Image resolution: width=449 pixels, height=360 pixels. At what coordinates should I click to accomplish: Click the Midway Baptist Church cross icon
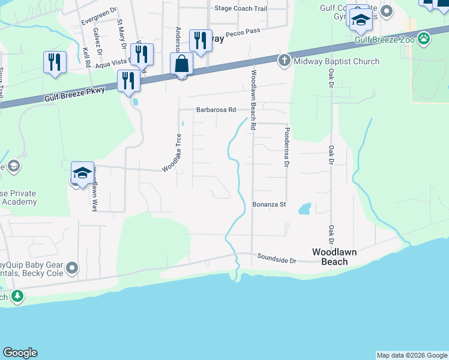pyautogui.click(x=284, y=61)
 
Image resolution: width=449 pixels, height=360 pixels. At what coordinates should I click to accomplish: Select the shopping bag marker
pyautogui.click(x=181, y=64)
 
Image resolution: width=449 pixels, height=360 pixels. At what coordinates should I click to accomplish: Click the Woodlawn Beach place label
pyautogui.click(x=334, y=257)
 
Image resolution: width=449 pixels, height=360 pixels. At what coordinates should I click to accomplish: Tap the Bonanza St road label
pyautogui.click(x=268, y=205)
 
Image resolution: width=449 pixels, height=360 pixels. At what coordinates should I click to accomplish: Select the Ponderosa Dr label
pyautogui.click(x=287, y=147)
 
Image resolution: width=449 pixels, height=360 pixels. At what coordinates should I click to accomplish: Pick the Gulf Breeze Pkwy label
pyautogui.click(x=74, y=95)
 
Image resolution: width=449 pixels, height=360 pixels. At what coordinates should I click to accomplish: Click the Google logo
pyautogui.click(x=20, y=353)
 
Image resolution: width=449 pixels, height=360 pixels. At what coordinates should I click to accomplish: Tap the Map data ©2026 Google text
pyautogui.click(x=412, y=355)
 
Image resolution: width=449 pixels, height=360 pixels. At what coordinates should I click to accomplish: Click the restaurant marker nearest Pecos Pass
pyautogui.click(x=200, y=41)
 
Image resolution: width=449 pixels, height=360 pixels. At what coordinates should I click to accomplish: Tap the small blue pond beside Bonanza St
pyautogui.click(x=304, y=209)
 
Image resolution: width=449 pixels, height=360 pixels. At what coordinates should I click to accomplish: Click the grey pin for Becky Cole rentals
pyautogui.click(x=73, y=268)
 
